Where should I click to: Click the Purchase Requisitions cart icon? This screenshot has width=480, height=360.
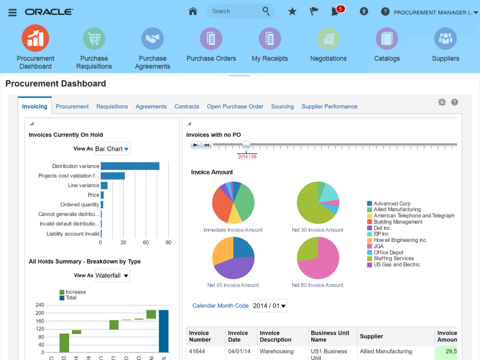pos(94,38)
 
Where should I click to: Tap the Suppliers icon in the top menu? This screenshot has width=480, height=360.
pos(445,38)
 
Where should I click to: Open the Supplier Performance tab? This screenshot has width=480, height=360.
pos(329,106)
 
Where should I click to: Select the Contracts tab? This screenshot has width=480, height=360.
pos(187,106)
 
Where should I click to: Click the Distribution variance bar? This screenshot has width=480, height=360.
pos(130,166)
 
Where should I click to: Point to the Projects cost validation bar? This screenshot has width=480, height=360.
pos(112,176)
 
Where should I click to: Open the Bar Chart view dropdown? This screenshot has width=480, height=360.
pos(112,149)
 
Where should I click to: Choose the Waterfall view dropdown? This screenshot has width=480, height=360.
pos(112,276)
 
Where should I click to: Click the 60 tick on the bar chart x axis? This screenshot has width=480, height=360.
pos(146,242)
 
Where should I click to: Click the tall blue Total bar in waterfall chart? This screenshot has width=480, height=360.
pos(164,330)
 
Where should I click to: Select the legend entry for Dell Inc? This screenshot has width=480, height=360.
pos(382,228)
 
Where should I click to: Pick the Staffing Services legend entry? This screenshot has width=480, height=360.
pos(393,258)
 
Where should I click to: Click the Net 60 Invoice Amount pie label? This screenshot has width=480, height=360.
pos(317,285)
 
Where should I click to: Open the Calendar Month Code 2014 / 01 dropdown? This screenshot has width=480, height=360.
pos(270,306)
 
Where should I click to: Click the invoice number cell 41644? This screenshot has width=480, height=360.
pos(197,351)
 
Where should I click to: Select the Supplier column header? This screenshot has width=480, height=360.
pos(371,336)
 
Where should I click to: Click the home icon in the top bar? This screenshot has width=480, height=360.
pos(193,12)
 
